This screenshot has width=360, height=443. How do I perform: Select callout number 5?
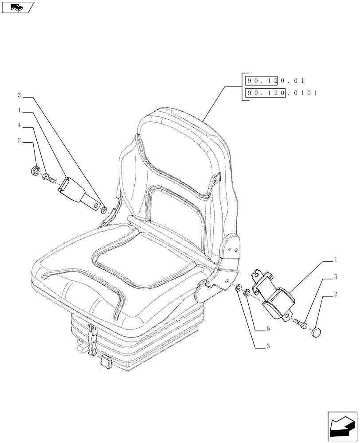click(335, 277)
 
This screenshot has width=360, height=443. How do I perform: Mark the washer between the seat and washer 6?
click(239, 289)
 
